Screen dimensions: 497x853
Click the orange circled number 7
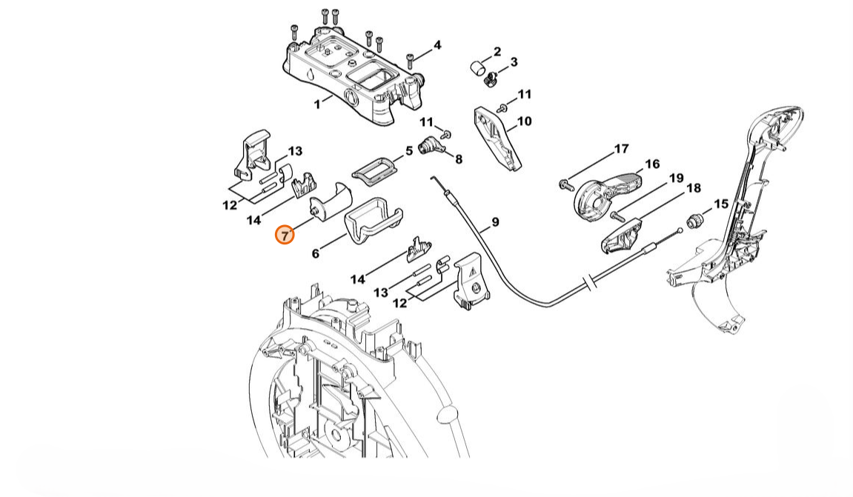click(285, 235)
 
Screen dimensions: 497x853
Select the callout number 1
click(318, 104)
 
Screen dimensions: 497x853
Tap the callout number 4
click(437, 45)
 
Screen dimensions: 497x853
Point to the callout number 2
click(497, 52)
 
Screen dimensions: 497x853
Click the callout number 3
click(514, 62)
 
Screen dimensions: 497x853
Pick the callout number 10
click(524, 121)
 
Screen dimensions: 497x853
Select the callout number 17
click(621, 149)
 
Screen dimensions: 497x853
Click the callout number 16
click(651, 164)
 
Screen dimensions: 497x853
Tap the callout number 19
click(675, 178)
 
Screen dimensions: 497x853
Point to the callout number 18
click(693, 188)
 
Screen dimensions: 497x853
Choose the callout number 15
click(720, 204)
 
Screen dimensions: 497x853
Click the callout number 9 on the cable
click(495, 221)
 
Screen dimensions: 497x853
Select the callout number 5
click(408, 152)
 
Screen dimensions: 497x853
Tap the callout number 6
click(316, 253)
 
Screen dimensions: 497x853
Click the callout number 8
click(459, 159)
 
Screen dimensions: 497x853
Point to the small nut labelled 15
click(696, 219)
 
